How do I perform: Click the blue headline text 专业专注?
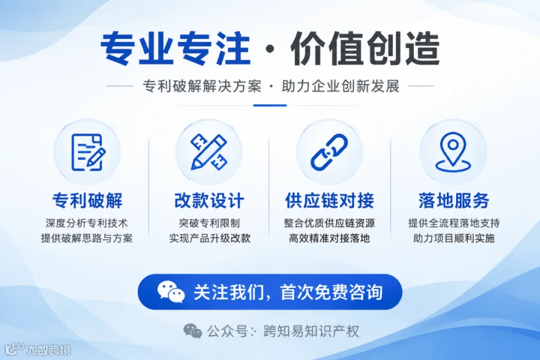(x=175, y=49)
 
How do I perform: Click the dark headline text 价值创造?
(x=365, y=49)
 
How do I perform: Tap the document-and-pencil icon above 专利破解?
(x=88, y=152)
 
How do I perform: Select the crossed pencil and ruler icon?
(x=209, y=152)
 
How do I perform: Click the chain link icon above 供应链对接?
(x=329, y=152)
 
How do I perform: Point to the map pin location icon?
(x=453, y=152)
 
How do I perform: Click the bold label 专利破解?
(x=88, y=200)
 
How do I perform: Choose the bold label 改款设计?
(x=209, y=200)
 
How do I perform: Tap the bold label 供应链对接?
(x=329, y=200)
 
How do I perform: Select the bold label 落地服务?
(x=454, y=200)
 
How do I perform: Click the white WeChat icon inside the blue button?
(x=171, y=292)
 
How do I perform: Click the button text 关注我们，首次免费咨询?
(x=288, y=292)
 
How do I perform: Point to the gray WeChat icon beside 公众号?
(x=193, y=331)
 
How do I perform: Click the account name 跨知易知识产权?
(x=311, y=331)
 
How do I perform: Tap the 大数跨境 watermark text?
(x=49, y=350)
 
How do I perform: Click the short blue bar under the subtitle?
(x=270, y=106)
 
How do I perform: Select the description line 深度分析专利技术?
(x=87, y=223)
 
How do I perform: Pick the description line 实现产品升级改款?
(x=210, y=238)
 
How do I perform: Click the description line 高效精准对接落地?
(x=329, y=238)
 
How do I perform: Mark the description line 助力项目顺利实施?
(x=454, y=238)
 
